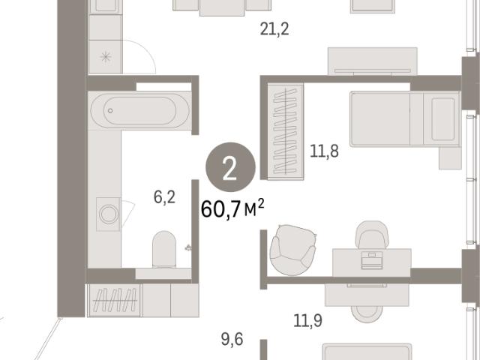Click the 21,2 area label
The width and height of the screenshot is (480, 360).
click(x=274, y=29)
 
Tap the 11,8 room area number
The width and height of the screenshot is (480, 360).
click(x=324, y=151)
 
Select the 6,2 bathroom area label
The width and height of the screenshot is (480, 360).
click(x=164, y=197)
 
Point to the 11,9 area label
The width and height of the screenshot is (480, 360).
click(x=307, y=321)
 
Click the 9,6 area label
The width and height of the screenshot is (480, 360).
click(x=232, y=340)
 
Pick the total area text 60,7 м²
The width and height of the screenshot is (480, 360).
click(x=232, y=208)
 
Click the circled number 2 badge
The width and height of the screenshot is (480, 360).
click(x=230, y=167)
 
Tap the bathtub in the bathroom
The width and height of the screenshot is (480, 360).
click(x=140, y=110)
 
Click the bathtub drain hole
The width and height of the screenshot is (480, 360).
click(x=110, y=110)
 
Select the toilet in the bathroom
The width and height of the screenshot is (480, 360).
click(x=164, y=250)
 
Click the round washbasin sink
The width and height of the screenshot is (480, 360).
click(x=108, y=213)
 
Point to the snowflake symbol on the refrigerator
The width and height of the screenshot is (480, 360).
click(x=106, y=57)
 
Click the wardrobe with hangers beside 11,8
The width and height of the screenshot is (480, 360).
click(x=286, y=131)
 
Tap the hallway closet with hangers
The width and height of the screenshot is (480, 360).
click(x=115, y=300)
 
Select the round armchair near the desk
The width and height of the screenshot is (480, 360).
click(x=292, y=250)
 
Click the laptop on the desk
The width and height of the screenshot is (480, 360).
click(x=372, y=261)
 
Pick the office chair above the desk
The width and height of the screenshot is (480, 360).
click(x=372, y=235)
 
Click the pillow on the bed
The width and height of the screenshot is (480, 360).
click(x=443, y=119)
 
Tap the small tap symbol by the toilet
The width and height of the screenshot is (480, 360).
click(x=188, y=247)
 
